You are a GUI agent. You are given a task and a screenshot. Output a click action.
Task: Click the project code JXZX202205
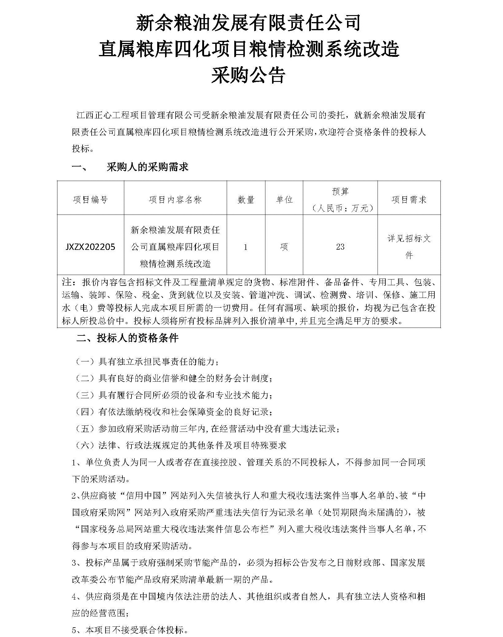click(x=90, y=247)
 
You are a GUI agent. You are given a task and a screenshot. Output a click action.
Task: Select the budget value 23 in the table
click(x=340, y=247)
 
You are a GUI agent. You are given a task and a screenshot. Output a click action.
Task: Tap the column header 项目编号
click(x=90, y=200)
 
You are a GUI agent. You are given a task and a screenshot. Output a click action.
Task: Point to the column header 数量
click(x=246, y=200)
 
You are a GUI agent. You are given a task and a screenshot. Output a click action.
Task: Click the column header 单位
click(x=284, y=200)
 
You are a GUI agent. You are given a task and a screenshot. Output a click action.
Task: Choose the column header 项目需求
click(x=409, y=200)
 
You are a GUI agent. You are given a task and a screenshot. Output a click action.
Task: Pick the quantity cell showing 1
click(x=245, y=247)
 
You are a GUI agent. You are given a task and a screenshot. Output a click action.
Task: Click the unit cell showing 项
click(x=284, y=247)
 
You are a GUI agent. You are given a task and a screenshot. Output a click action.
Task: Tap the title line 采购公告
click(x=248, y=75)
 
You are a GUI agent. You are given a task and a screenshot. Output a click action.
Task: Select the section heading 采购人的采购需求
click(x=147, y=167)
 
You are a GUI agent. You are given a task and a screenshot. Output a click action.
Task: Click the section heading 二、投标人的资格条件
click(x=127, y=338)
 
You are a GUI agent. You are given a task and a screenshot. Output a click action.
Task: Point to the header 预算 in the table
click(x=340, y=192)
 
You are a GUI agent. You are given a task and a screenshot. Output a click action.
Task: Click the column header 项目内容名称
click(x=175, y=200)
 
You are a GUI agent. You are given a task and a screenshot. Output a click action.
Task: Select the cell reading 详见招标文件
click(x=409, y=247)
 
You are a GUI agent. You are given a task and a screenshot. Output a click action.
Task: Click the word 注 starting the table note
click(x=67, y=282)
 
